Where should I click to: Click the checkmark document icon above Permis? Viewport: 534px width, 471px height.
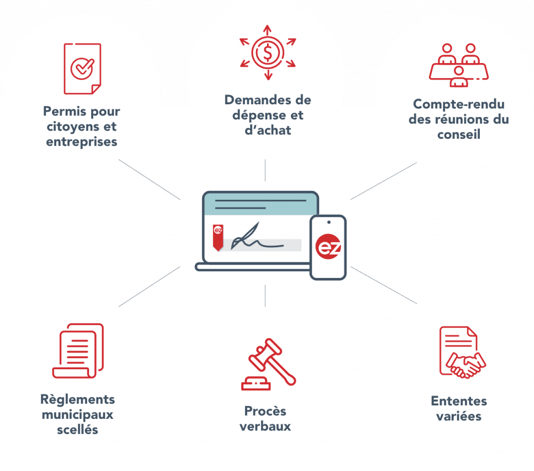point(82,69)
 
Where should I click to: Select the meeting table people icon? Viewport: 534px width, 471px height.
point(458,65)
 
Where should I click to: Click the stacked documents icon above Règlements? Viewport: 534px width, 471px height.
point(78,351)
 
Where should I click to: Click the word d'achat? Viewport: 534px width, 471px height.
point(268,129)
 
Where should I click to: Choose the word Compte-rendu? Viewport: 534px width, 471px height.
point(458,104)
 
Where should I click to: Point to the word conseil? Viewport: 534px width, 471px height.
point(458,134)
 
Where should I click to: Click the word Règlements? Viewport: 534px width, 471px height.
point(78,400)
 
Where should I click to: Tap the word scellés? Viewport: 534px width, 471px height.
point(78,430)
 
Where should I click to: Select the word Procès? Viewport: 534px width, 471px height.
point(265,411)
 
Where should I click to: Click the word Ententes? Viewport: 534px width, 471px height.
point(459,401)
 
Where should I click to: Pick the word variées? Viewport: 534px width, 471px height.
point(459,416)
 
